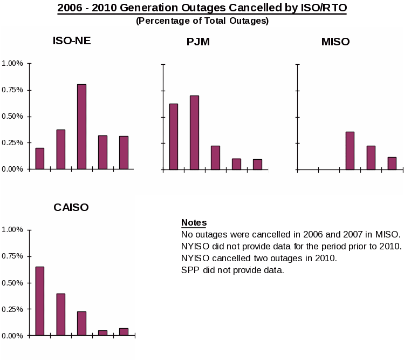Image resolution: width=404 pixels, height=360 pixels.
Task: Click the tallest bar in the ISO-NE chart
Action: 81,126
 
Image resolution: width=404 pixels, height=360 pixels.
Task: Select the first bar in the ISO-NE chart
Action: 40,158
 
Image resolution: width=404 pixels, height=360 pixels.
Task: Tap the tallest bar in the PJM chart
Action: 194,132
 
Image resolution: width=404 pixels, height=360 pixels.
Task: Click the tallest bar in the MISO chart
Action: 350,150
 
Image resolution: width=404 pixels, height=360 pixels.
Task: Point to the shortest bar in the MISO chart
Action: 392,163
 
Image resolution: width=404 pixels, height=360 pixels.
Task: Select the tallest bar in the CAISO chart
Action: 40,301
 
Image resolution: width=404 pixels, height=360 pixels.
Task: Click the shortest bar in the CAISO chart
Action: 102,332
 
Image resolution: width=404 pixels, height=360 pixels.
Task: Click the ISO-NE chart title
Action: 72,40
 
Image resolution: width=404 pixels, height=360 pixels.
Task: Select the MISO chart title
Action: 335,42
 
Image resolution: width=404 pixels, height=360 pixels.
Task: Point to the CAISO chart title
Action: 71,207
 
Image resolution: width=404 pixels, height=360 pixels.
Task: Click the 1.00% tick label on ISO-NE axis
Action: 12,63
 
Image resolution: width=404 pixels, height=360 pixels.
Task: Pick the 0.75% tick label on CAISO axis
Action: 12,256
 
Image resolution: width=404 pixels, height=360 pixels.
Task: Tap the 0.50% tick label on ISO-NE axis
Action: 12,116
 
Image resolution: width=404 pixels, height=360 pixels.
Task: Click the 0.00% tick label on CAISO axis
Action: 12,336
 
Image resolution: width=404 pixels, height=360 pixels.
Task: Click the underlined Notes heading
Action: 194,222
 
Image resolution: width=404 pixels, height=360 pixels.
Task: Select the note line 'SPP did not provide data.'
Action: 232,270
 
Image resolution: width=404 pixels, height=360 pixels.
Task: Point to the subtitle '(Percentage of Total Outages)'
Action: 202,21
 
